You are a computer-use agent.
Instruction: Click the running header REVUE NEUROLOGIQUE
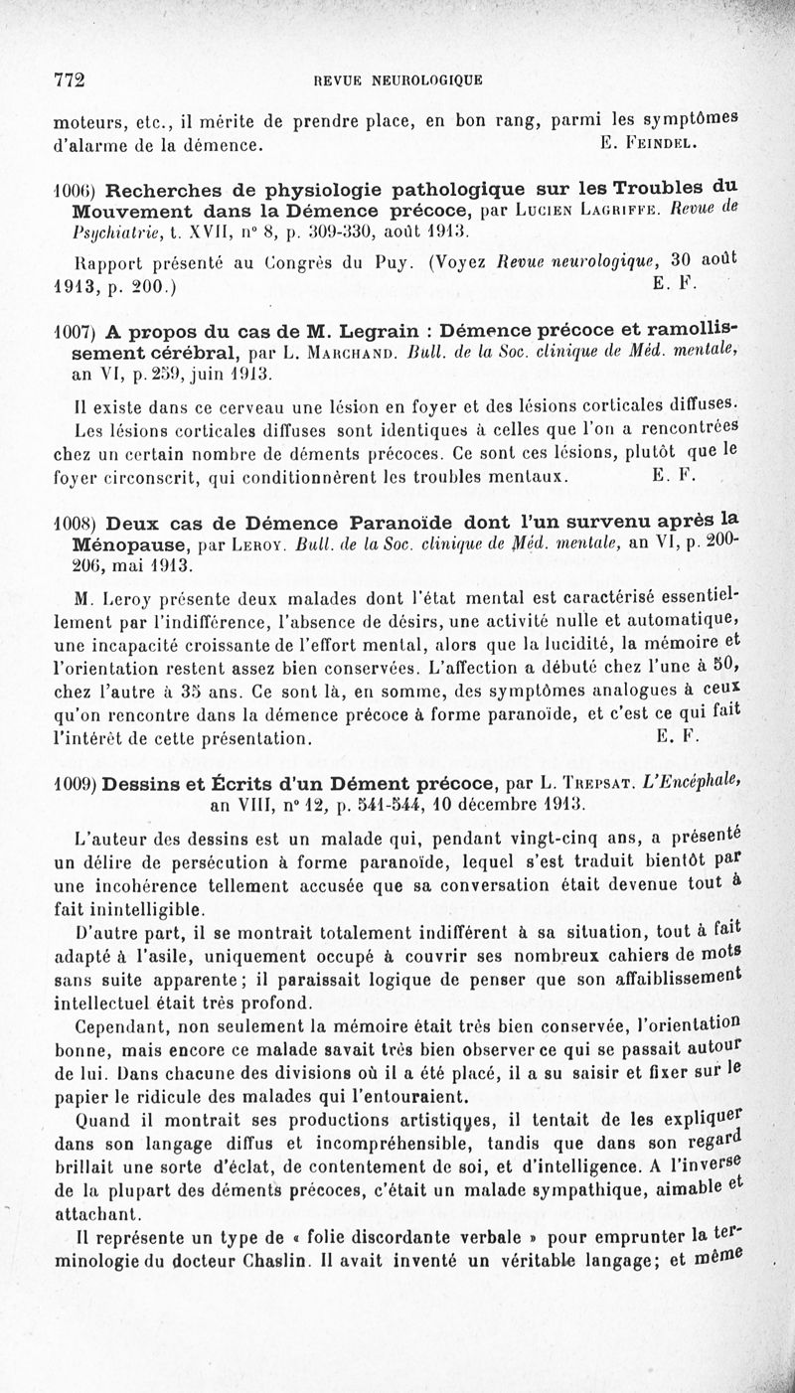397,80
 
